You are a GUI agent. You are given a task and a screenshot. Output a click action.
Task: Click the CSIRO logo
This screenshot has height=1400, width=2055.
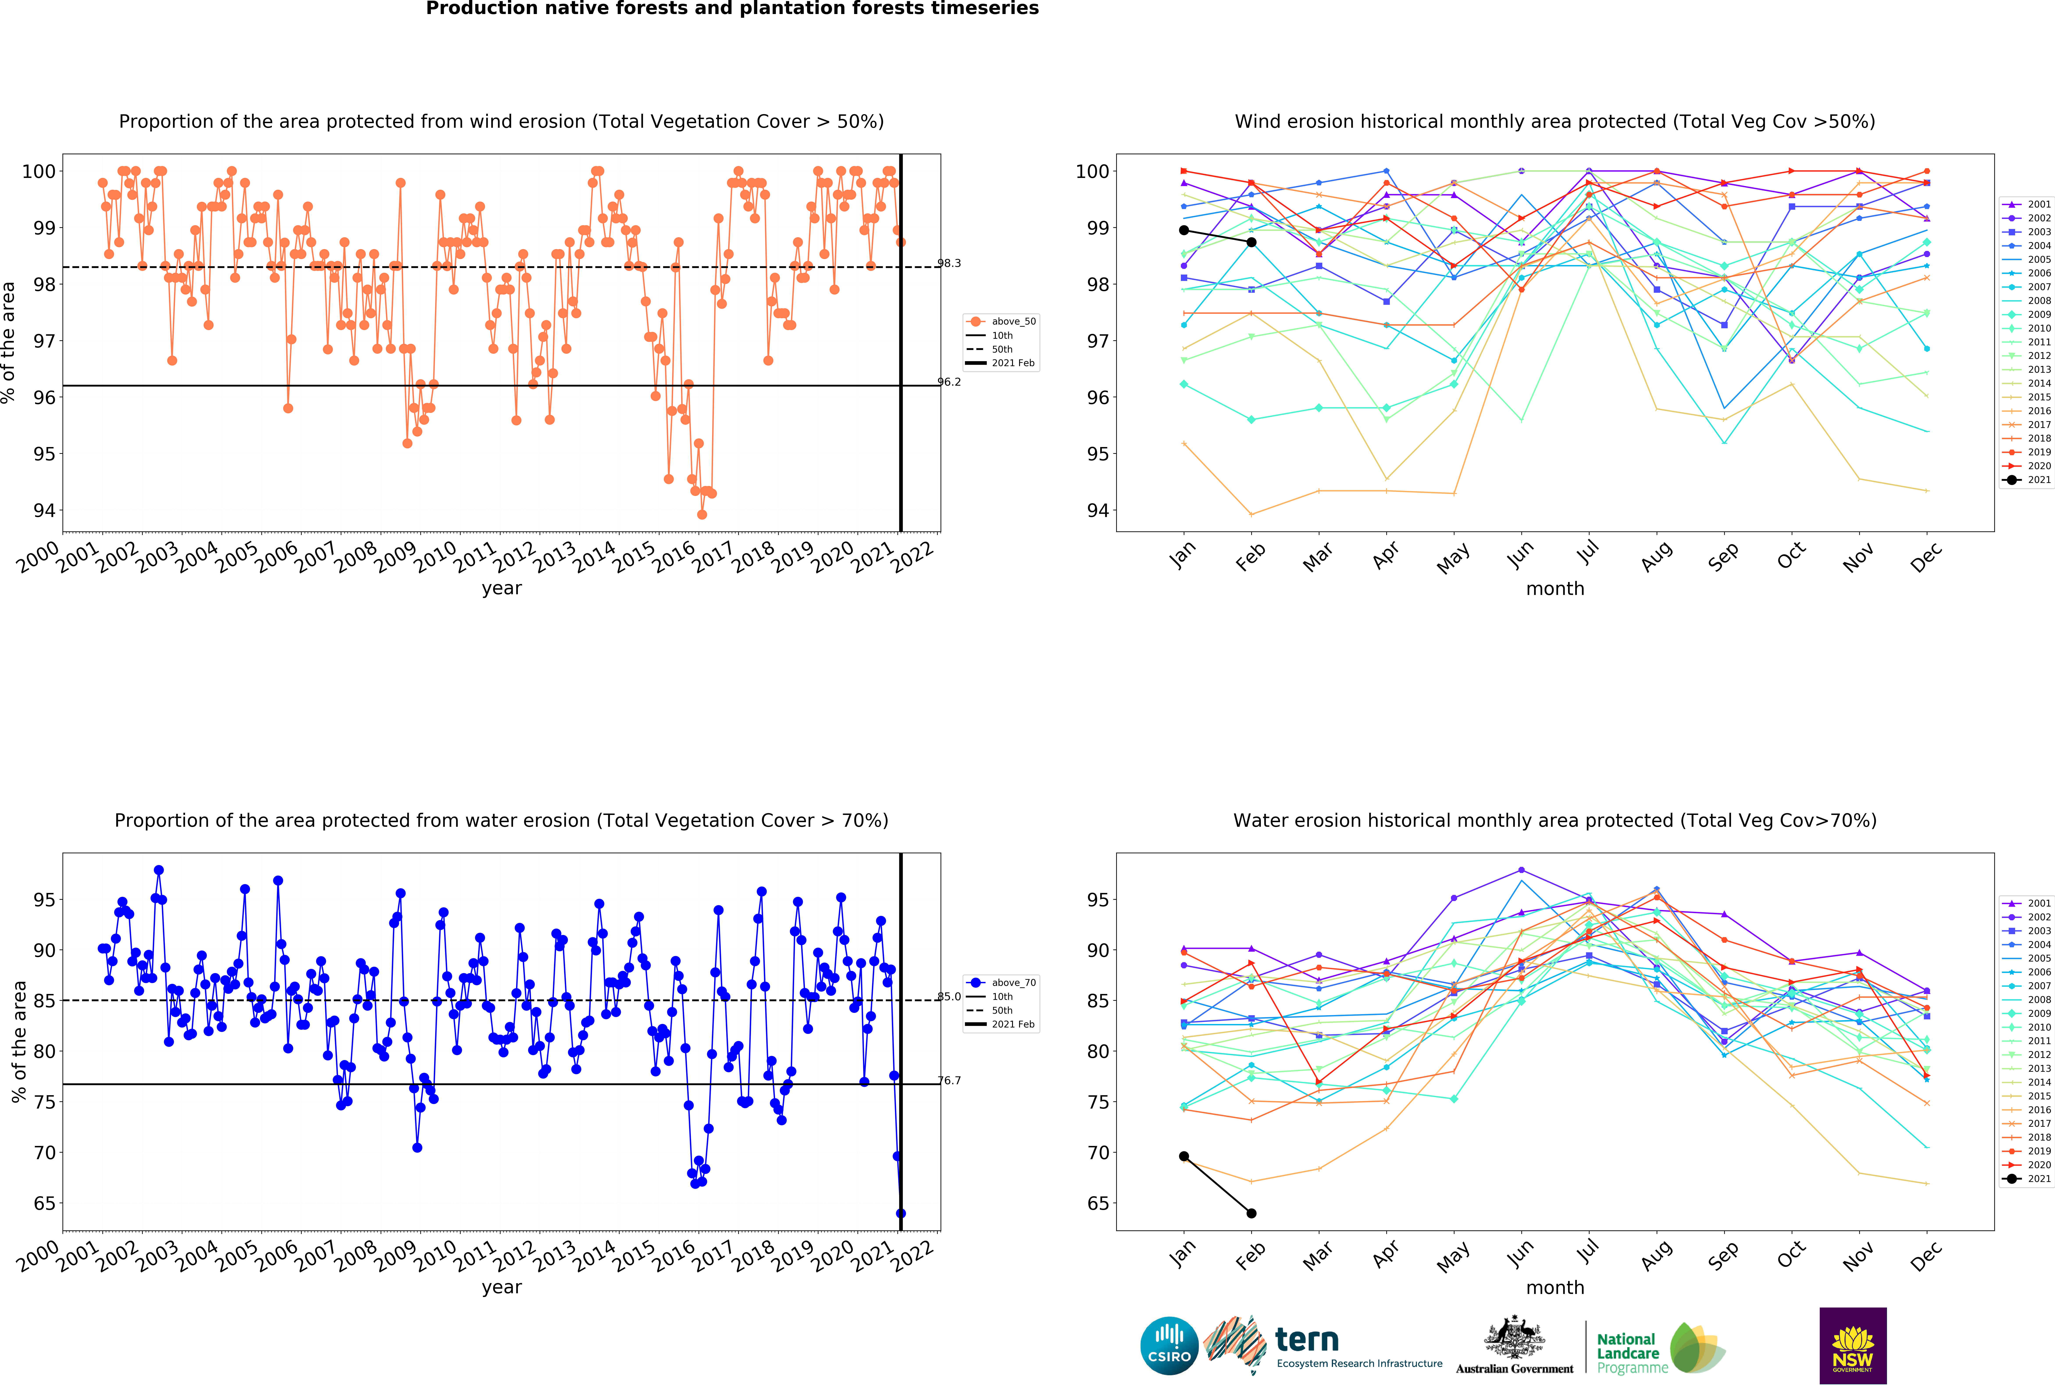1169,1345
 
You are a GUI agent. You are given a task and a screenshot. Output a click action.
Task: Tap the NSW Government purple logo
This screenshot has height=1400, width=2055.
1852,1345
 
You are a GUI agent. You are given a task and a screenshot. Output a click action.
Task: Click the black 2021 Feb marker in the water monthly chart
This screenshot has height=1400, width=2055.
1251,1214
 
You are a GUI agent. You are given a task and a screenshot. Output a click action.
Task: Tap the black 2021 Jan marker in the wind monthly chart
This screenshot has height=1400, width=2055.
1184,231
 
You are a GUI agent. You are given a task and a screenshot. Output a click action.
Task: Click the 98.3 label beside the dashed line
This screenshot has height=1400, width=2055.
949,263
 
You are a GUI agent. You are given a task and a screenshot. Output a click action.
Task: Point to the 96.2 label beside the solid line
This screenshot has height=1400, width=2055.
949,382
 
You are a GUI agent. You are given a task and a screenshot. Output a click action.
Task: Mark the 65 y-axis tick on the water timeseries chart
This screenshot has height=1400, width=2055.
44,1204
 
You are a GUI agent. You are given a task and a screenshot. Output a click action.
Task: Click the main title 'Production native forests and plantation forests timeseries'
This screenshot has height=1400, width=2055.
732,9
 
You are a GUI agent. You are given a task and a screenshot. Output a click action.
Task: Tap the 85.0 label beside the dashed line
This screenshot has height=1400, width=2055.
949,997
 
